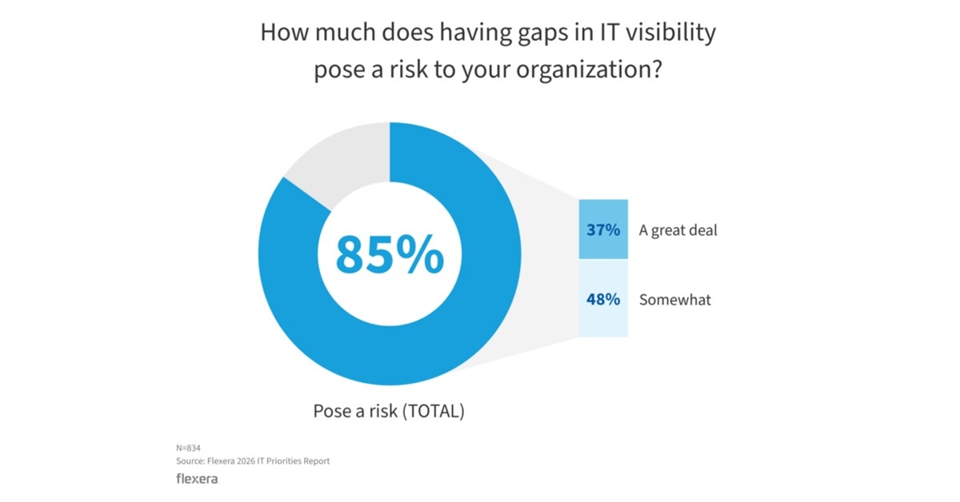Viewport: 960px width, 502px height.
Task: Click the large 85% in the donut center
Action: coord(389,255)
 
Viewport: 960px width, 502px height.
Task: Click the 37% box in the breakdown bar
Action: coord(603,230)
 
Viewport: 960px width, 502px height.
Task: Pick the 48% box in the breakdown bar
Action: coord(603,300)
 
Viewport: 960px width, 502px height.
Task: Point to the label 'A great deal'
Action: coord(678,230)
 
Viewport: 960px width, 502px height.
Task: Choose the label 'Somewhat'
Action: coord(675,300)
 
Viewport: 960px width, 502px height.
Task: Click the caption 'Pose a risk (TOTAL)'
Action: coord(388,412)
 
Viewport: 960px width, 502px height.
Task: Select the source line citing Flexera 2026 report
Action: coord(252,461)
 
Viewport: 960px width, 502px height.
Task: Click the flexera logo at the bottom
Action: coord(196,480)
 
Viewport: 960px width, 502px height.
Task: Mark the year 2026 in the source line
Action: coord(246,461)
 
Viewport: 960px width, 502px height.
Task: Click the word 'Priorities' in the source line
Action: coord(288,461)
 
